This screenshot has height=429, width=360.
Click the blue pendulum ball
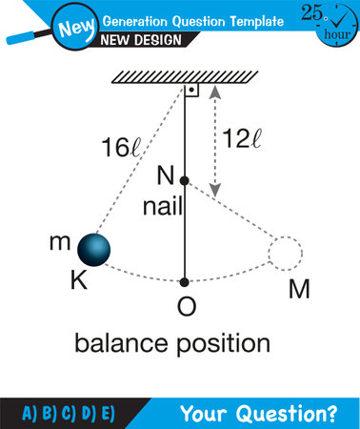click(90, 250)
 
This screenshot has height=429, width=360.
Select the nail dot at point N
click(185, 179)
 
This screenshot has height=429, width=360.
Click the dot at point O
click(185, 281)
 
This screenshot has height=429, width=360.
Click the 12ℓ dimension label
click(243, 138)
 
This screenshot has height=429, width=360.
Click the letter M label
click(298, 288)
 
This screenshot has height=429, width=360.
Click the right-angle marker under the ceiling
click(191, 92)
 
